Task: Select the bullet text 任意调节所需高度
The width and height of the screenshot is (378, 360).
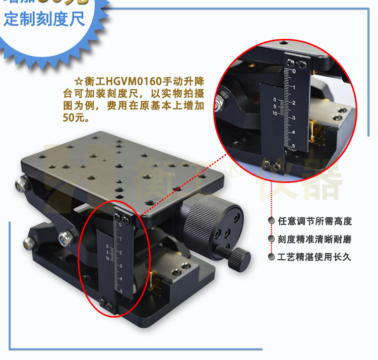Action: coord(314,221)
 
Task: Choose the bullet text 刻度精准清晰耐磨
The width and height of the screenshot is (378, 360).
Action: coord(314,239)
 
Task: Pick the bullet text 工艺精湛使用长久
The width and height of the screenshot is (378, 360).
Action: coord(314,257)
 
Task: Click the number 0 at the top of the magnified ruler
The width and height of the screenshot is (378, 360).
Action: coord(294,72)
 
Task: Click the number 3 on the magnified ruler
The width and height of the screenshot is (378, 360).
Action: coord(294,117)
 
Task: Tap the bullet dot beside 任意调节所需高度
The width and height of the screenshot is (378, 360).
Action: coord(272,221)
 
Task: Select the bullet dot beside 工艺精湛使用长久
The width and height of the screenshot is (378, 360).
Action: coord(272,257)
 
